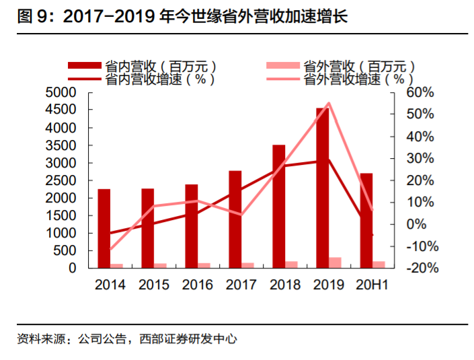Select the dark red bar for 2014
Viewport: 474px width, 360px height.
coord(104,228)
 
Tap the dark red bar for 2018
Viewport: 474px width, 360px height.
coord(279,206)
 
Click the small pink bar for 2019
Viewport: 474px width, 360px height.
coord(335,262)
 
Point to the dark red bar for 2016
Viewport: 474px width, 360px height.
coord(192,225)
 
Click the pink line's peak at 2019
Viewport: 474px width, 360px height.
coord(329,103)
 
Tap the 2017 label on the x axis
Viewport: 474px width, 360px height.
coord(241,285)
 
